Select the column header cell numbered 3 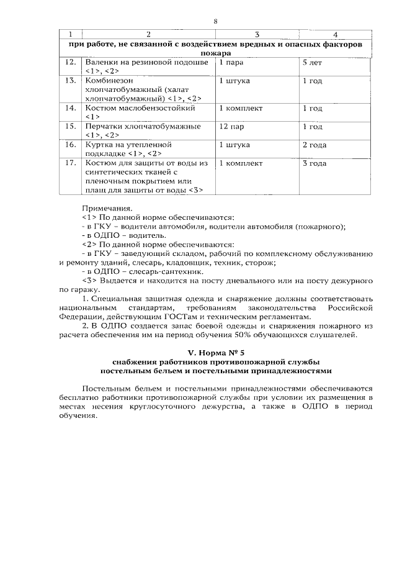[257, 34]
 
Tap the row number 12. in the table [71, 63]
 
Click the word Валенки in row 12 [100, 63]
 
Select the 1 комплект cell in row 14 [241, 108]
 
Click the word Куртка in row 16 [98, 144]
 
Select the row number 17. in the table [71, 163]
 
